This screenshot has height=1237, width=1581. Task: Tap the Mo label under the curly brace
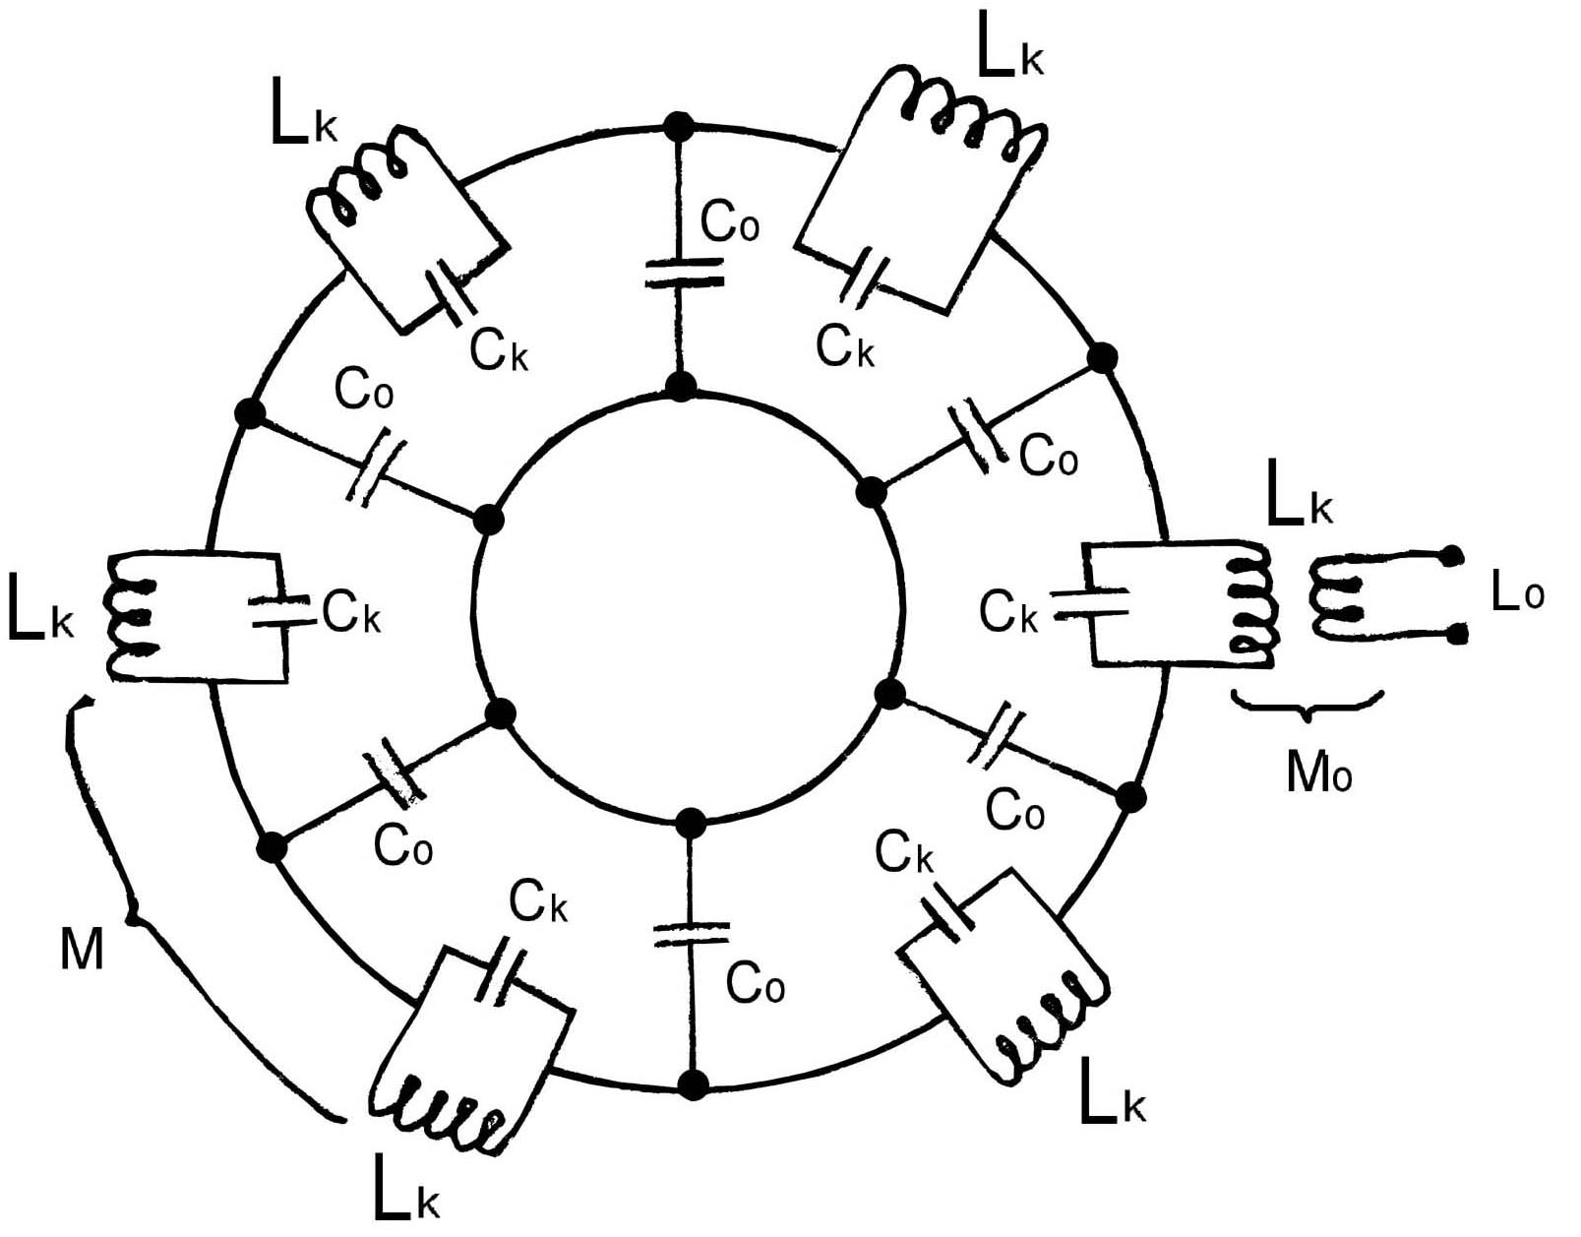pyautogui.click(x=1318, y=773)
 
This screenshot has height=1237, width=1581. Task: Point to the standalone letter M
pyautogui.click(x=82, y=950)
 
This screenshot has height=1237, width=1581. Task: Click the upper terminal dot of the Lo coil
pyautogui.click(x=1449, y=556)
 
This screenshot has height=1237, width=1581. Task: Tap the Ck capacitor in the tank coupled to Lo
pyautogui.click(x=1092, y=602)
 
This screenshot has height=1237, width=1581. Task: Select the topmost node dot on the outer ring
pyautogui.click(x=678, y=126)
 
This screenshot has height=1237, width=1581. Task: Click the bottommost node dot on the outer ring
pyautogui.click(x=694, y=1084)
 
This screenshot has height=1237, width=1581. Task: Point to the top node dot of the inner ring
pyautogui.click(x=680, y=385)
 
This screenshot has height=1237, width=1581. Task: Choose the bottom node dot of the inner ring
pyautogui.click(x=691, y=821)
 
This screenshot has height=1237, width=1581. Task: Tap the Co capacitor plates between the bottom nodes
pyautogui.click(x=692, y=934)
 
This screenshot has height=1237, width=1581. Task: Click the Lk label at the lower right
pyautogui.click(x=1112, y=1093)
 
